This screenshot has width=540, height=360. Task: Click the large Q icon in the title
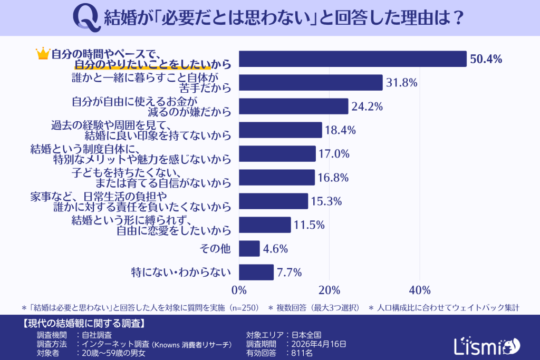click(x=86, y=18)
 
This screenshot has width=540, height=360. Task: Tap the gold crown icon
click(x=42, y=53)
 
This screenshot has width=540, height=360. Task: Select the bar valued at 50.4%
click(x=353, y=59)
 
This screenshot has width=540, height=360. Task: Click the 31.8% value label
click(x=402, y=83)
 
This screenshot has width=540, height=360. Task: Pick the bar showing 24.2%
click(x=294, y=106)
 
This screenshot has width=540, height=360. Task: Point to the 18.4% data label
click(x=341, y=130)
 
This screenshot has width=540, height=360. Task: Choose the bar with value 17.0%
click(x=277, y=154)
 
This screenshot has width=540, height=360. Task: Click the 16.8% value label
click(x=334, y=178)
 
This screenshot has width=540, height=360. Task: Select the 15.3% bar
click(x=274, y=201)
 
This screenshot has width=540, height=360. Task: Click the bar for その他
click(x=249, y=249)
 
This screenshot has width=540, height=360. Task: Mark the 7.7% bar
click(x=256, y=273)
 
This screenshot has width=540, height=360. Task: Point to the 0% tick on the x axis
click(x=239, y=290)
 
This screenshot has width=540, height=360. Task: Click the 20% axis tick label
click(x=329, y=290)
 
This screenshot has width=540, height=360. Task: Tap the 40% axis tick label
click(x=419, y=290)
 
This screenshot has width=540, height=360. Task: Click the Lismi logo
click(x=486, y=345)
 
